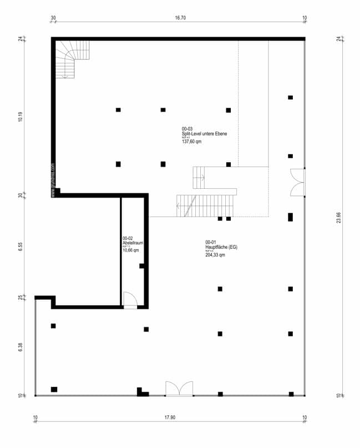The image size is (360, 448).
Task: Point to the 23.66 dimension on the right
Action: pos(339,217)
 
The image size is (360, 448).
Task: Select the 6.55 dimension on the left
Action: pos(20,248)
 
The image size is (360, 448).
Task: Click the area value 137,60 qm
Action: pos(191,142)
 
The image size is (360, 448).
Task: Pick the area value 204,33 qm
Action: pos(215,255)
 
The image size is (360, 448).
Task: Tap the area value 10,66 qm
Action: pos(131,250)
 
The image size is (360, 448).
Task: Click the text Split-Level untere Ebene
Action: pos(204,134)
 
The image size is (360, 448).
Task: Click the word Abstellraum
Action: pos(133,243)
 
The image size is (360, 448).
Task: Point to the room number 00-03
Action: pos(187,129)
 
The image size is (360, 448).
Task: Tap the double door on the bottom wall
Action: pos(179,389)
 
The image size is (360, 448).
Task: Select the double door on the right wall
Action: pos(298,182)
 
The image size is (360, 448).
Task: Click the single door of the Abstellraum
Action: pos(130,300)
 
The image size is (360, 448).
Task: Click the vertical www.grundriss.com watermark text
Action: pos(53,180)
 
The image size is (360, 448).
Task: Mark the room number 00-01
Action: pos(210,242)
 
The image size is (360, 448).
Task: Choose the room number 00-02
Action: pos(128,238)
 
